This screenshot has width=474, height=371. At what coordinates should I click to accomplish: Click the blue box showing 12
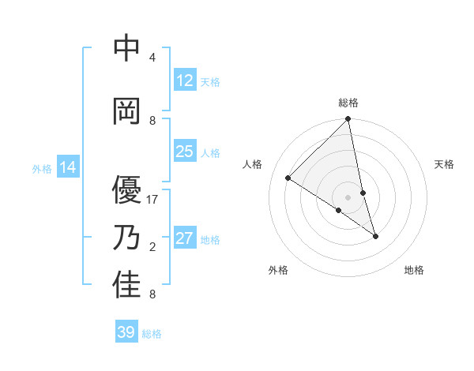pos(185,81)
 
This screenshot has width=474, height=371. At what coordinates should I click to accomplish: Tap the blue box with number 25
pos(185,152)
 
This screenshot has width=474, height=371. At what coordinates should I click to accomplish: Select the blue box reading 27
pos(185,238)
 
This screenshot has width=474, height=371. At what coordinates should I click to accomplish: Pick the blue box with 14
pos(68,167)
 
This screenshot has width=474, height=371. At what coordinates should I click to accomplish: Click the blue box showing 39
pos(126,332)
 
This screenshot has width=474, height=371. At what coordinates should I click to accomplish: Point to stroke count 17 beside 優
pos(152,200)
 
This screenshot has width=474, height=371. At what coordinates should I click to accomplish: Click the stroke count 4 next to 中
pos(152,58)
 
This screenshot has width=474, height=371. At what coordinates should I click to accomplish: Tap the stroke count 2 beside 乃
pos(152,247)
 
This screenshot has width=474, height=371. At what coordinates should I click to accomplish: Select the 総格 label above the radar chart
pos(348,103)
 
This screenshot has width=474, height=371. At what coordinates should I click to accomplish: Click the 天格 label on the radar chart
pos(444,164)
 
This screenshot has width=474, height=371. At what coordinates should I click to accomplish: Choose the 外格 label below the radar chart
pos(278,270)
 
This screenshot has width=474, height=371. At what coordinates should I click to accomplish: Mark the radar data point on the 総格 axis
pos(348,119)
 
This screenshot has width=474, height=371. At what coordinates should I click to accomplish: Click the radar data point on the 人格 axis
pos(288,178)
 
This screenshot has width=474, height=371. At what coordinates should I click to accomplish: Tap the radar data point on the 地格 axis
pos(375,236)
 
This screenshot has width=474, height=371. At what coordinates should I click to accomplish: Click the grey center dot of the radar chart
pos(348,197)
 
